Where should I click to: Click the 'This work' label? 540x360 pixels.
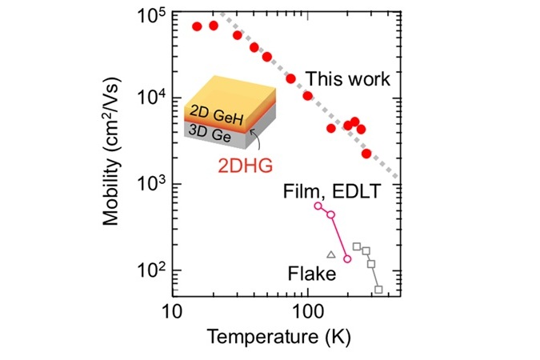[x=349, y=79]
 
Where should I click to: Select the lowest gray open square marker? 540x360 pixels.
[x=378, y=290]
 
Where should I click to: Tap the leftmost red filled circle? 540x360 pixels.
[x=197, y=26]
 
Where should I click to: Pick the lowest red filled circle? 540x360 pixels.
[x=366, y=154]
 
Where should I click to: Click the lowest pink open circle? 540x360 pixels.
[x=347, y=258]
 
